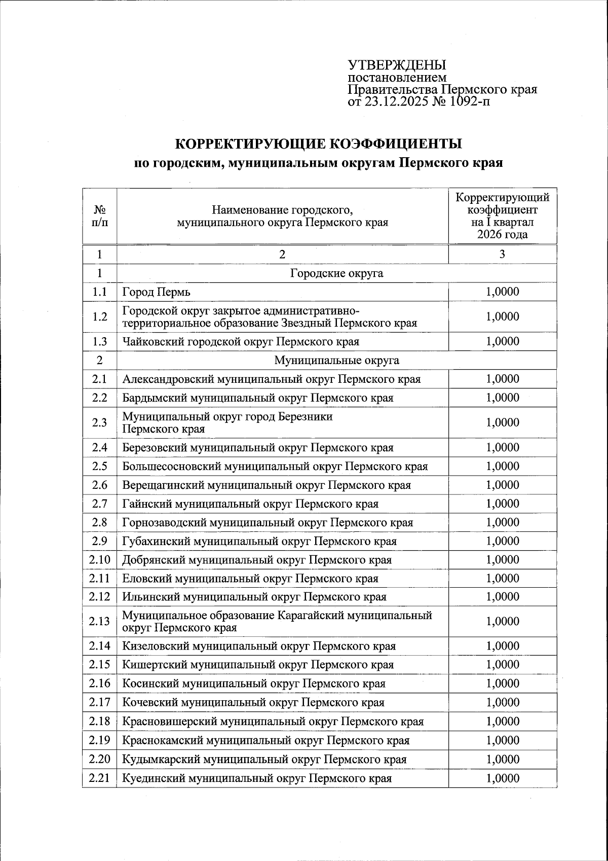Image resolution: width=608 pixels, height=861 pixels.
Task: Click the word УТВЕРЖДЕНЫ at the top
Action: coord(397,65)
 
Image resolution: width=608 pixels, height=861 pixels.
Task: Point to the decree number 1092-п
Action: coord(469,102)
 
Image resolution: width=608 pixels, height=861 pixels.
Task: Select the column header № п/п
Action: coord(99,216)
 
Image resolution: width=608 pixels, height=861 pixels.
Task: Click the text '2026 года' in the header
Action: coord(502,234)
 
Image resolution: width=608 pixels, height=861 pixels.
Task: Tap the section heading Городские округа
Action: coord(336,273)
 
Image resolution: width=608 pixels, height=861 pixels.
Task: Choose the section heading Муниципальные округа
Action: coord(336,361)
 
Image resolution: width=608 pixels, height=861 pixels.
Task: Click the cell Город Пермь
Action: coord(156,292)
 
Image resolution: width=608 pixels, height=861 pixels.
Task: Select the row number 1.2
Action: coord(99,317)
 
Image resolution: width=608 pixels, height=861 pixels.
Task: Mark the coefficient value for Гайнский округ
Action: coord(502,504)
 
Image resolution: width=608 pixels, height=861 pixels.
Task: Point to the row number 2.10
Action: coord(99,560)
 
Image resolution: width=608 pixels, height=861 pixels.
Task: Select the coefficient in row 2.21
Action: coord(502,778)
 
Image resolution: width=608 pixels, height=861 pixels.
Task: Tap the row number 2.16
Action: coord(99,684)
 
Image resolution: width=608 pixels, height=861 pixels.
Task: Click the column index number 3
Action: coord(502,255)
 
